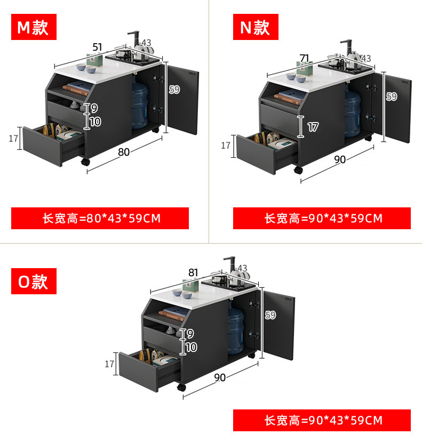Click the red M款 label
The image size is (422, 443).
(33, 27)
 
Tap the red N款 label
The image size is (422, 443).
(255, 27)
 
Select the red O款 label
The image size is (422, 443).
(33, 281)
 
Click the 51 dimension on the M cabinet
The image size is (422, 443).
(97, 47)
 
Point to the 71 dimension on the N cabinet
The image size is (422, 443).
(305, 58)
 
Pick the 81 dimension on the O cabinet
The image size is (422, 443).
(193, 272)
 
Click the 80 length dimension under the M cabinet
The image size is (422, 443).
(124, 152)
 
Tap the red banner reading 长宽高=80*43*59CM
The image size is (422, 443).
(100, 218)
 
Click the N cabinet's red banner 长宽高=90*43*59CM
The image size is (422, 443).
(322, 218)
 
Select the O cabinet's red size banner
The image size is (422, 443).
(322, 420)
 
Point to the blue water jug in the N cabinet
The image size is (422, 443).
(353, 114)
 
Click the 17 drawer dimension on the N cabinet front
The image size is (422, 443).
(313, 127)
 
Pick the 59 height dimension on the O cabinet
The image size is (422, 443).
(270, 315)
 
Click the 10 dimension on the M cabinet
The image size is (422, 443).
(95, 122)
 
